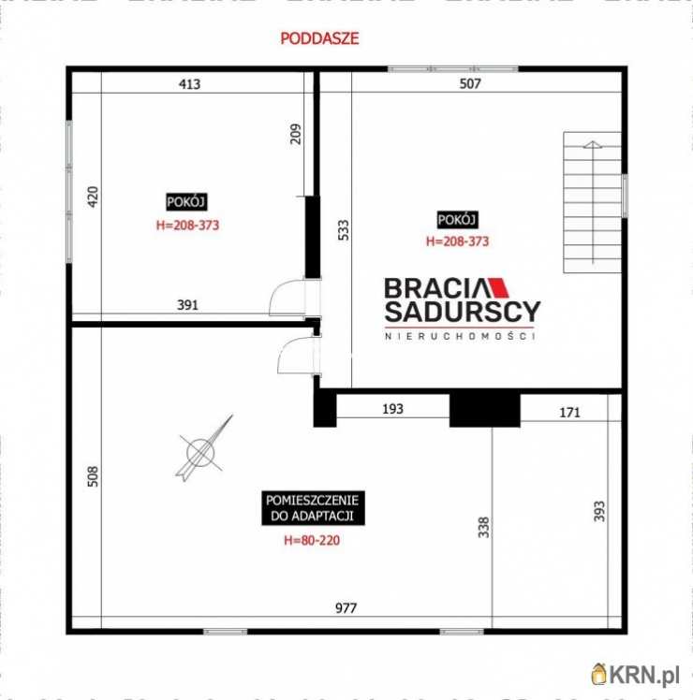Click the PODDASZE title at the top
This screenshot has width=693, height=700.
pos(319,39)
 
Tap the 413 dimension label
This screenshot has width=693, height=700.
pos(190,84)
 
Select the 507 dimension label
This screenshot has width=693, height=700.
pos(470,84)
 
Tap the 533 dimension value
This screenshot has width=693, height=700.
pos(344,229)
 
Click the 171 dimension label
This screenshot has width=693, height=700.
pos(569,411)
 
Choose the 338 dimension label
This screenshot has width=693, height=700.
pos(483,528)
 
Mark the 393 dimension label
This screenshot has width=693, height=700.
pos(599,510)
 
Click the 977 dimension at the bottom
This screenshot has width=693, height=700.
pos(347,608)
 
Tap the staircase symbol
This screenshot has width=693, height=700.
pos(592,202)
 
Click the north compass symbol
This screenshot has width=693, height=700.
pos(203,450)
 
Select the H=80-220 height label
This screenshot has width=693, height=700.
pos(312,540)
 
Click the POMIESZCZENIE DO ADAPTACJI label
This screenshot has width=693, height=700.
pos(313,508)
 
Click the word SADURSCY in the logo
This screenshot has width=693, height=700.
pos(462,313)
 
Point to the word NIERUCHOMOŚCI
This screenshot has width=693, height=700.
pos(460,336)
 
